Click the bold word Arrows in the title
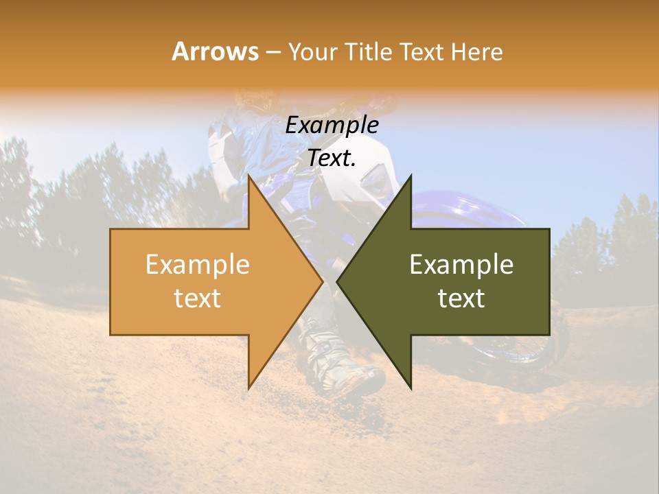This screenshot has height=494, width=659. tap(215, 51)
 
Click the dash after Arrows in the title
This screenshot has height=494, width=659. tap(273, 52)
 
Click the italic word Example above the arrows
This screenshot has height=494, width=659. tap(332, 126)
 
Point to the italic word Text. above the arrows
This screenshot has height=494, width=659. tap(332, 158)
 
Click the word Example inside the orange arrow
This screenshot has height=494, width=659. tap(197, 265)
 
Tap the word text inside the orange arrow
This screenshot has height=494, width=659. tap(197, 298)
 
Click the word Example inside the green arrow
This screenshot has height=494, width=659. tap(461, 265)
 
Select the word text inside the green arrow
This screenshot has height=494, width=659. tap(461, 298)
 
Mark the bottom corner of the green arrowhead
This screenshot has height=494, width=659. tap(411, 388)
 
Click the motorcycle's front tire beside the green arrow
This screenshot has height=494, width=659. tap(559, 350)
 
